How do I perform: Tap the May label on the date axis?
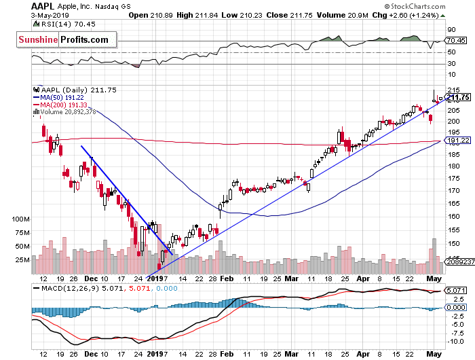coord(434,278)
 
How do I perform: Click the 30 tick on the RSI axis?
coord(451,64)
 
